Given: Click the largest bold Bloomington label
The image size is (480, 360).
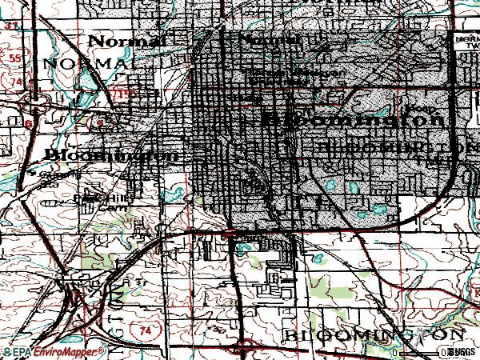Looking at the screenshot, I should coord(353,119).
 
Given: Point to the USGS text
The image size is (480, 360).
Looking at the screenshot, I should coord(463,352).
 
